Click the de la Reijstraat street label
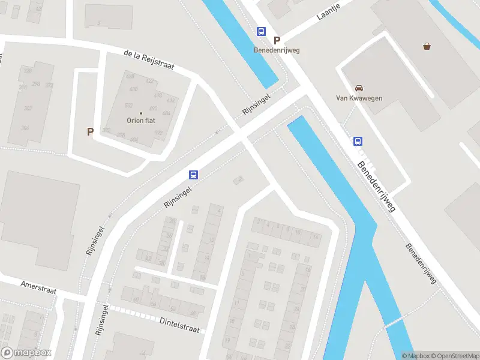[149, 61]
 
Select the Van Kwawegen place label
[359, 98]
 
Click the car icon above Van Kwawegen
[359, 88]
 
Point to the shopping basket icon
[427, 46]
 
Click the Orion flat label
[141, 120]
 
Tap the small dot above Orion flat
[141, 113]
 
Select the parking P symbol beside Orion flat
[91, 132]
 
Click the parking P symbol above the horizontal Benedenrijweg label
[277, 40]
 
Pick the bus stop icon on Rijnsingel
[194, 175]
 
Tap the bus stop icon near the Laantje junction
[261, 31]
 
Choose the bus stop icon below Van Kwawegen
[358, 142]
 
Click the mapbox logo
[26, 353]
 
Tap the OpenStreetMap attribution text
[454, 356]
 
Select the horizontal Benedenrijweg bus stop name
[277, 50]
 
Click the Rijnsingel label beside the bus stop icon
[178, 197]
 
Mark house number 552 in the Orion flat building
[128, 104]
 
